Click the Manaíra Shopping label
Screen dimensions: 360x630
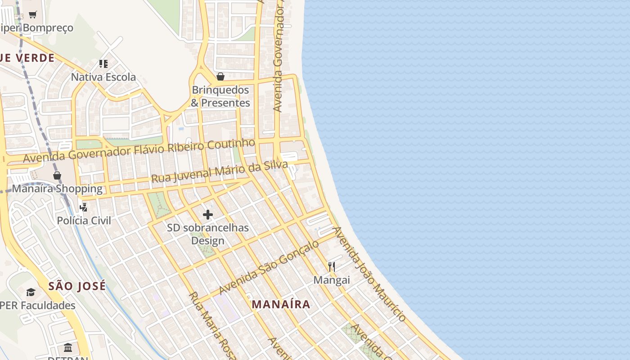coord(57,189)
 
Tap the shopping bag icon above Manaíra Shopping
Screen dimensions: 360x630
coord(57,175)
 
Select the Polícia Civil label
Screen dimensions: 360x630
coord(84,220)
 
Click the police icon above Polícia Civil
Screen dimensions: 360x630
coord(84,207)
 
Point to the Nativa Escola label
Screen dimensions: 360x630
coord(103,77)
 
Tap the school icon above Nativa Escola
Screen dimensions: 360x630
coord(103,64)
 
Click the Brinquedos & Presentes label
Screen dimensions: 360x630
coord(220,96)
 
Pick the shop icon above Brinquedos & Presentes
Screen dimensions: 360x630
coord(220,76)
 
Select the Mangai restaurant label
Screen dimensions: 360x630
coord(332,280)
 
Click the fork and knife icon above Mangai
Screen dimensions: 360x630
coord(332,267)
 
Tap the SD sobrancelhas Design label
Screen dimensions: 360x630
coord(208,234)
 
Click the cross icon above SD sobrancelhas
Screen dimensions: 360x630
coord(208,215)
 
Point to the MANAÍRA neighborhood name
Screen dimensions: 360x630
coord(281,304)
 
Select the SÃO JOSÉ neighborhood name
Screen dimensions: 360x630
coord(77,286)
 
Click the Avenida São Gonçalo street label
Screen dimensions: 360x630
coord(269,268)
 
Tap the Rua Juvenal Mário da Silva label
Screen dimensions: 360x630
coord(219,172)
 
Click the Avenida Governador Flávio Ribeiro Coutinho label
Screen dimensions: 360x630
coord(139,151)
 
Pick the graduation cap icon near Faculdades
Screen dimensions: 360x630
coord(31,292)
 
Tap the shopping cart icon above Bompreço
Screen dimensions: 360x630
coord(32,15)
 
